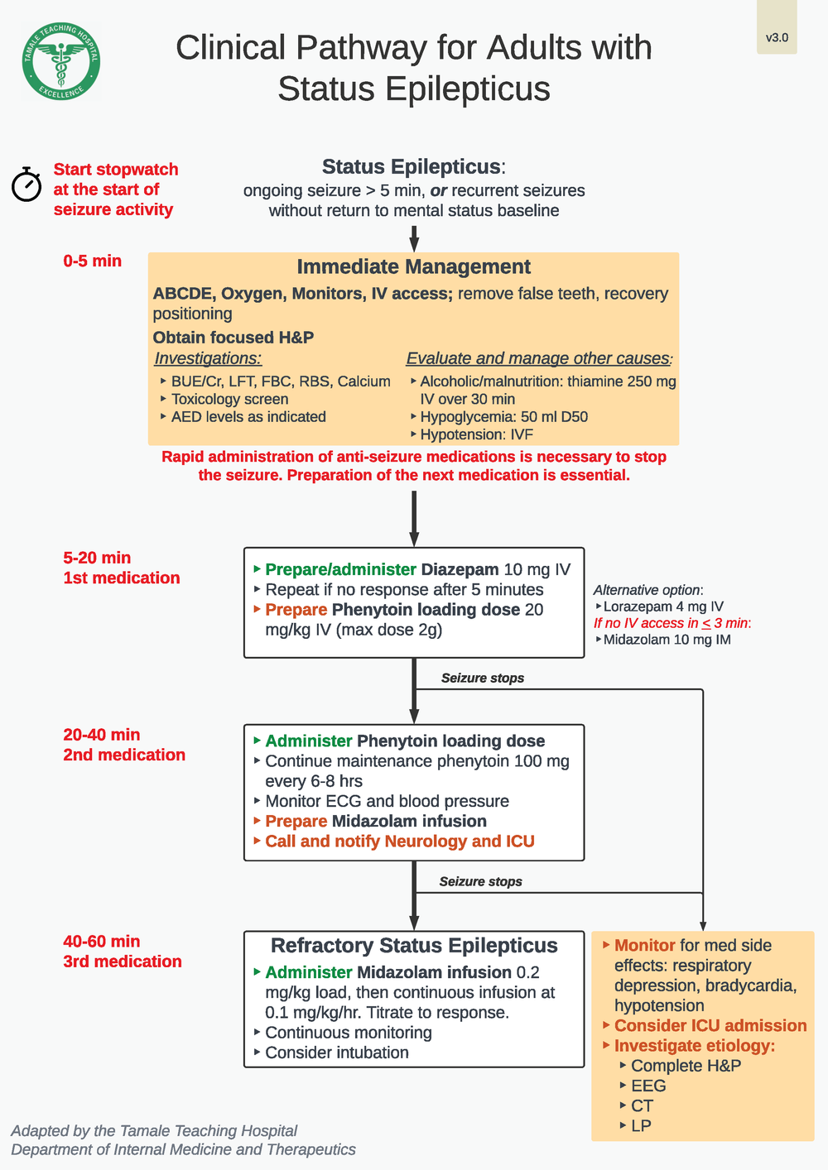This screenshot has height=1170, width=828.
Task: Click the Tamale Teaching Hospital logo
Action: [60, 62]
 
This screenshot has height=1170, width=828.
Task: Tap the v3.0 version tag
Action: [777, 37]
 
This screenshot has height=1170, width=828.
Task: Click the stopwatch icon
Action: [26, 185]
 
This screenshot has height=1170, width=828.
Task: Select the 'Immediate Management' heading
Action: [413, 266]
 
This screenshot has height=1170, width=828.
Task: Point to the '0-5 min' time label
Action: [92, 261]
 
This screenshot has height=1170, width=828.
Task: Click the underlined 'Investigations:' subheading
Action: [208, 358]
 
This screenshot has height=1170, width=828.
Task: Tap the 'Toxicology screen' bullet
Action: [229, 399]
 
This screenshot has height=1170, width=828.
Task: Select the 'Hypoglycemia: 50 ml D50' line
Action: [503, 417]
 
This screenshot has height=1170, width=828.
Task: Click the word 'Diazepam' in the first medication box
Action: [460, 569]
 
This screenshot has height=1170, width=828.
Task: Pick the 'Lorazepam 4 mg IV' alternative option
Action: [663, 607]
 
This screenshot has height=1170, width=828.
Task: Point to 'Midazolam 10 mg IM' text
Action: [667, 640]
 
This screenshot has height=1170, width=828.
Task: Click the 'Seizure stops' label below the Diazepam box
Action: [482, 678]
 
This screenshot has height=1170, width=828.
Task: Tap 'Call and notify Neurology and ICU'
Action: [399, 842]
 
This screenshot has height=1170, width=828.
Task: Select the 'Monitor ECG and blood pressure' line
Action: [387, 801]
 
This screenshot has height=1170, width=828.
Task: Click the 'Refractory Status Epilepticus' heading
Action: [414, 946]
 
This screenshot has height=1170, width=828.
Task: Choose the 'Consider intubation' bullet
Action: [336, 1053]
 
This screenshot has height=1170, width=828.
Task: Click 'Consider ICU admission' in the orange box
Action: [710, 1026]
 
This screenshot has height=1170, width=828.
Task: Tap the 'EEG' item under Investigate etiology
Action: [648, 1086]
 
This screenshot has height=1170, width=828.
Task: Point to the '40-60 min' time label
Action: [102, 942]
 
